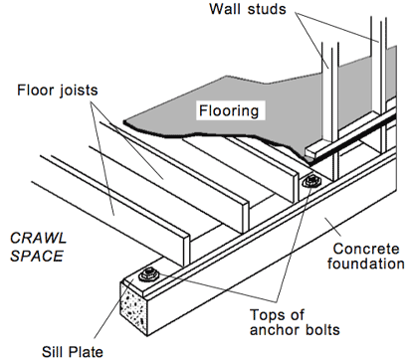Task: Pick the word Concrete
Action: click(365, 247)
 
